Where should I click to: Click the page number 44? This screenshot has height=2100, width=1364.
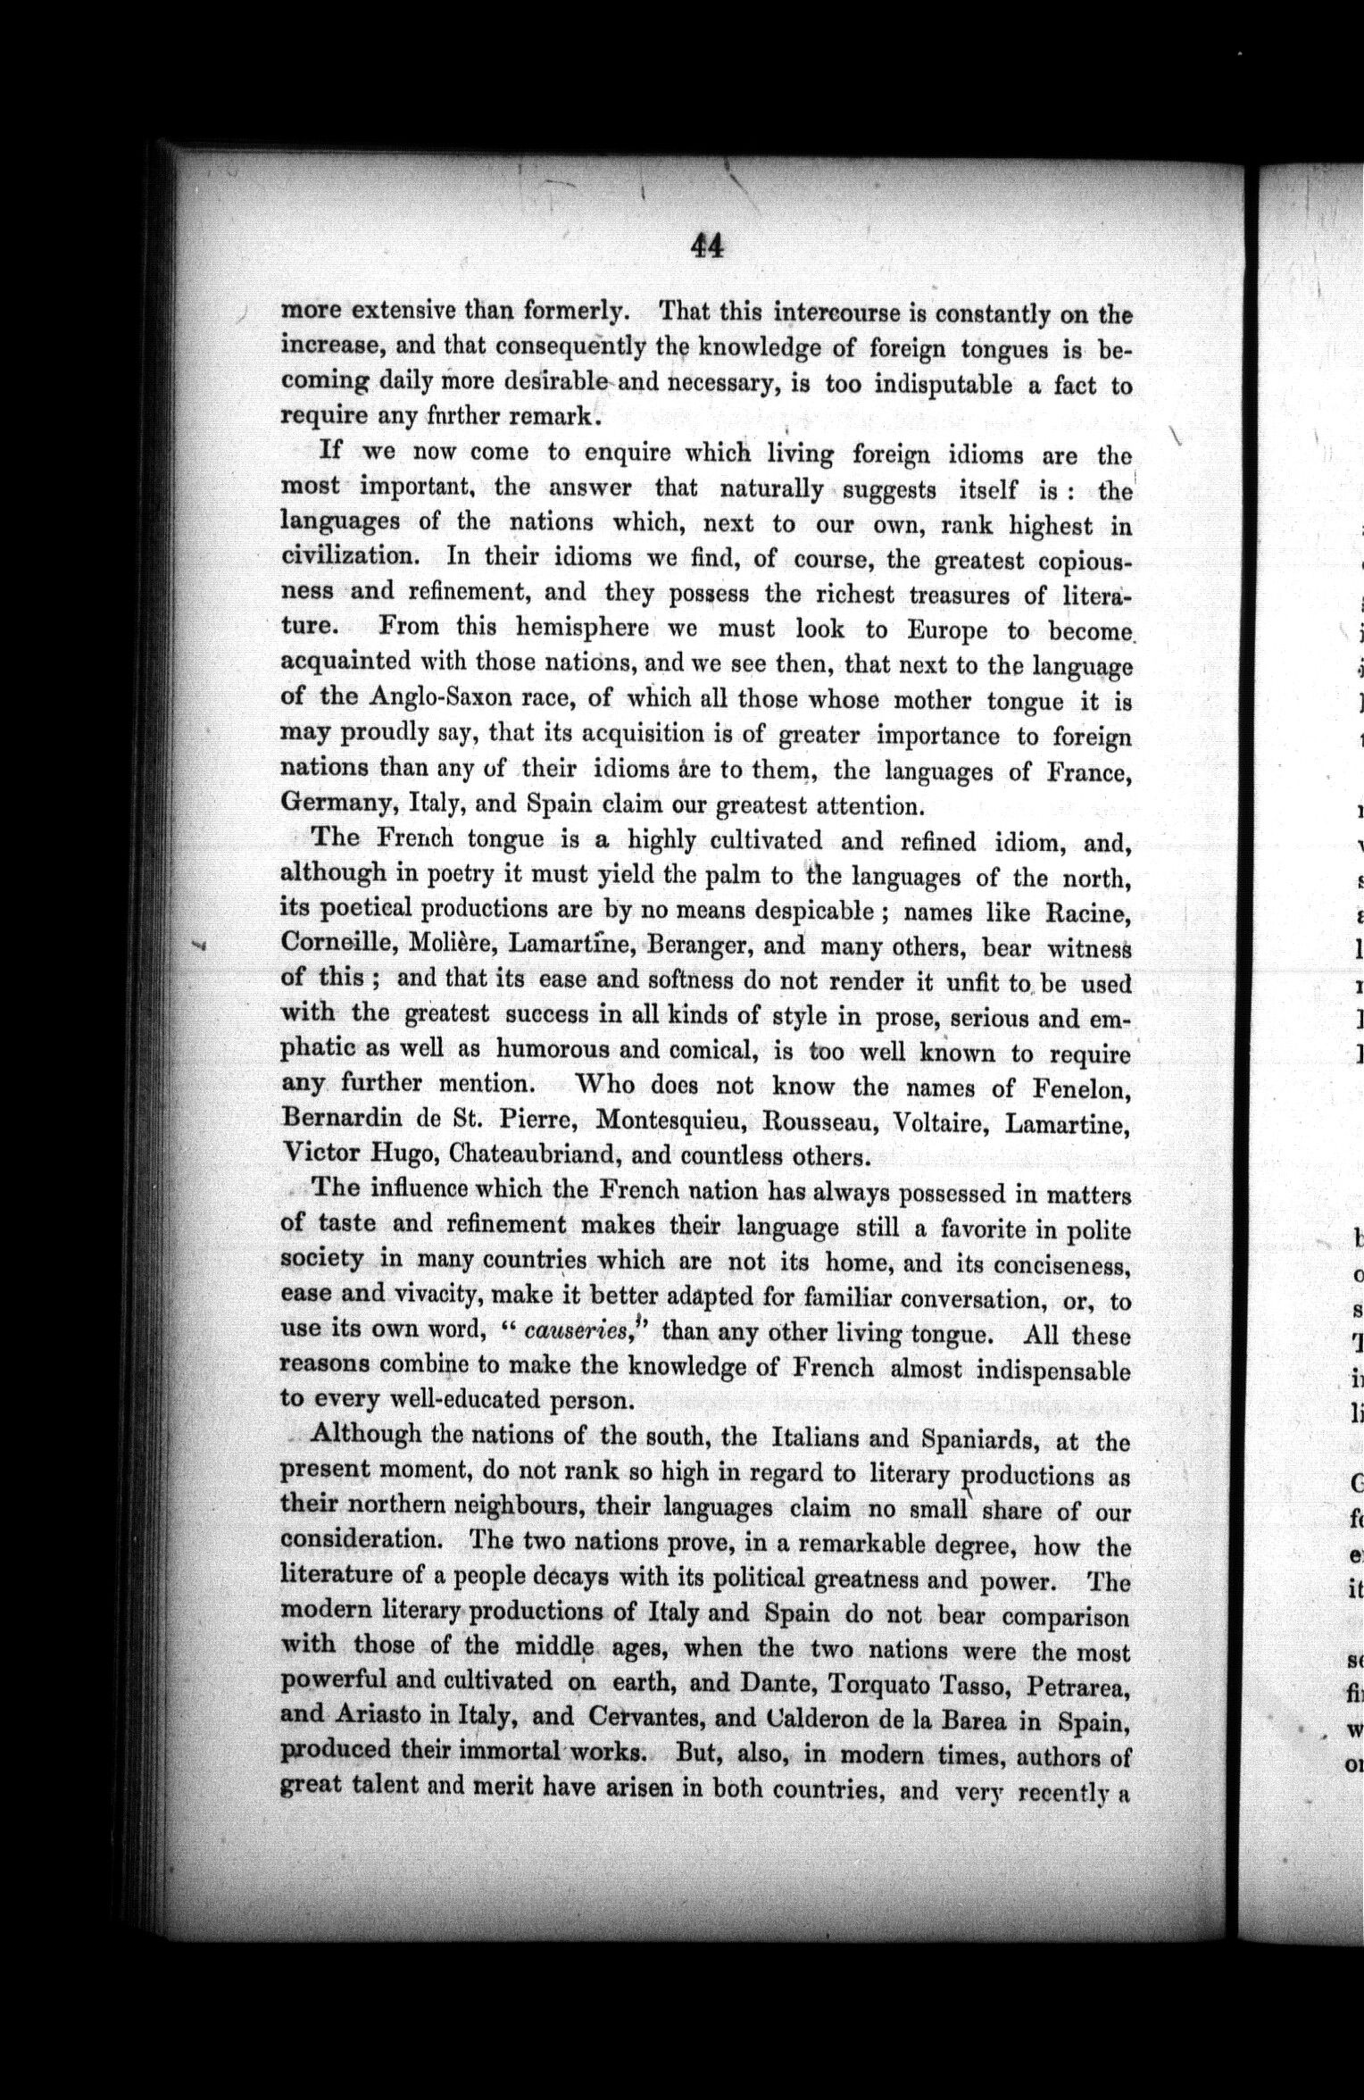pyautogui.click(x=706, y=245)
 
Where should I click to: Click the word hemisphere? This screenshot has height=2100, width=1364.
pyautogui.click(x=582, y=628)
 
